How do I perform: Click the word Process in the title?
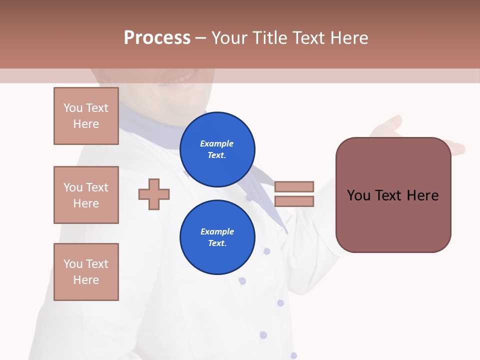[157, 37]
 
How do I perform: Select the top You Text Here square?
[86, 116]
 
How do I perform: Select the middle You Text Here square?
[86, 195]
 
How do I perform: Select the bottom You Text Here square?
[86, 272]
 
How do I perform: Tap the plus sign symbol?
[153, 194]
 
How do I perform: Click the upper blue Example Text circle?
[217, 149]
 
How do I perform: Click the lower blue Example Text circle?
[217, 237]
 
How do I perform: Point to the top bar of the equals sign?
[294, 186]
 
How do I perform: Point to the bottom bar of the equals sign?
[294, 201]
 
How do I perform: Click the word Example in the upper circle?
[217, 143]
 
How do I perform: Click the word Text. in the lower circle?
[217, 243]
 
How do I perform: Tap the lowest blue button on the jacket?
[293, 355]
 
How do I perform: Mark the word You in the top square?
[73, 108]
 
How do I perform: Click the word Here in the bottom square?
[86, 280]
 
